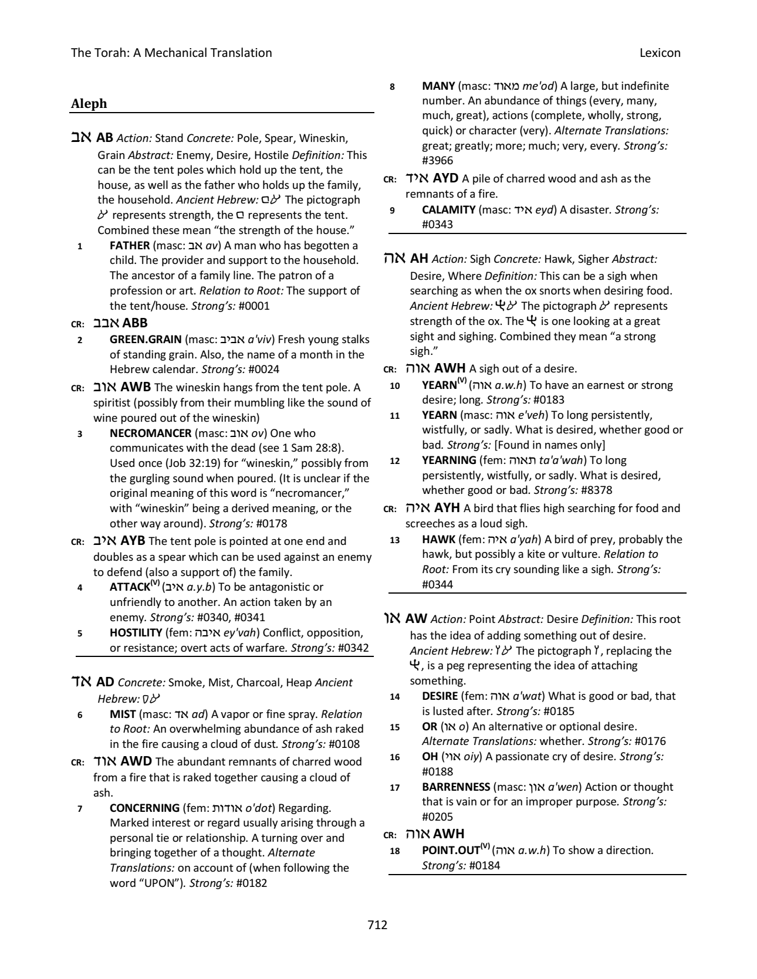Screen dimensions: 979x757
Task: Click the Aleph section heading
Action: [x=89, y=104]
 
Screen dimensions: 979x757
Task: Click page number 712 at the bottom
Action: [x=377, y=925]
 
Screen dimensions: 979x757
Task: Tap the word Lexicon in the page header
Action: [x=661, y=53]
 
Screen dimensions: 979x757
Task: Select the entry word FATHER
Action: [x=130, y=245]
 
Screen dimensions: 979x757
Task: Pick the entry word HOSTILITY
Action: [x=136, y=632]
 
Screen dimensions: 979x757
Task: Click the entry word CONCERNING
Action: [x=145, y=808]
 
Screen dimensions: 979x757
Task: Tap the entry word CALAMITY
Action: [x=448, y=209]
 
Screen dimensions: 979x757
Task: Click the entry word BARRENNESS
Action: [x=456, y=787]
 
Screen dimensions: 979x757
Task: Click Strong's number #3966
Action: [x=438, y=160]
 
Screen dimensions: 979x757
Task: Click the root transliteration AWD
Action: [x=136, y=761]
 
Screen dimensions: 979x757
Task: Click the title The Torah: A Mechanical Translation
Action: [x=171, y=53]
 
